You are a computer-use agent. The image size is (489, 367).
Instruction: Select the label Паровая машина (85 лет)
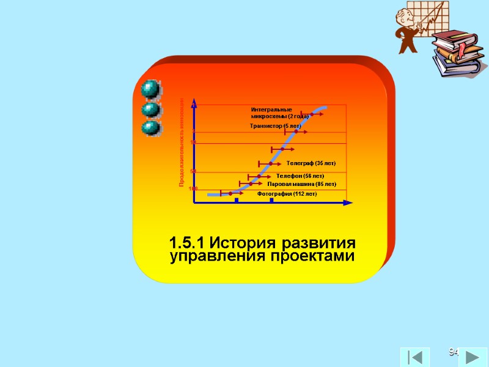pos(302,184)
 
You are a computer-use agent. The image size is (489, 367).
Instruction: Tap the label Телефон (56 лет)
pos(300,176)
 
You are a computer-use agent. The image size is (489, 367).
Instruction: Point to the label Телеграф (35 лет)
pos(311,164)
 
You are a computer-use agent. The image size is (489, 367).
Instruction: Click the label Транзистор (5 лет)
pos(271,126)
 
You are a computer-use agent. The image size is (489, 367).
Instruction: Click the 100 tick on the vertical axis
pos(193,189)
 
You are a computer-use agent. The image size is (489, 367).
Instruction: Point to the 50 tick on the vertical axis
pos(193,171)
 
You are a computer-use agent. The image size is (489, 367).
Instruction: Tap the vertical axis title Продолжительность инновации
pos(182,142)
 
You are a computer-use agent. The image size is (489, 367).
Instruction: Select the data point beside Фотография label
pos(230,194)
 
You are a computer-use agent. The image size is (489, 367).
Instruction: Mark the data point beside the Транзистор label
pos(296,132)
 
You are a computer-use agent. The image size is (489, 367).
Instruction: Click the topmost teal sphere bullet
pos(150,89)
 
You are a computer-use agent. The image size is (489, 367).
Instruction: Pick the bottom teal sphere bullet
pos(150,129)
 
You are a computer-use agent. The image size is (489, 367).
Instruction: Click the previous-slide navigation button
pos(414,357)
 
